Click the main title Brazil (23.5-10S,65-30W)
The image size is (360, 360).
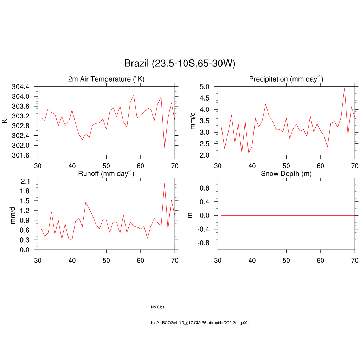pyautogui.click(x=180, y=64)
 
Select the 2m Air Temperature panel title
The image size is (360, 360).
pyautogui.click(x=106, y=79)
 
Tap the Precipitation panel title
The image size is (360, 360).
pyautogui.click(x=286, y=79)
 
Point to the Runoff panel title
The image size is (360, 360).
pyautogui.click(x=106, y=173)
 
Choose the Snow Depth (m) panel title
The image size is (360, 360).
pyautogui.click(x=286, y=173)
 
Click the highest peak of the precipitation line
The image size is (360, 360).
pyautogui.click(x=345, y=88)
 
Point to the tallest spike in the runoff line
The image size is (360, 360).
pyautogui.click(x=165, y=183)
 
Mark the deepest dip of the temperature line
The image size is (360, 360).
pyautogui.click(x=165, y=147)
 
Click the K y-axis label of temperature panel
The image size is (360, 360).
pyautogui.click(x=5, y=121)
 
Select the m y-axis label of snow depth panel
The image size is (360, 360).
pyautogui.click(x=190, y=215)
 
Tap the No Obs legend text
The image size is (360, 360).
pyautogui.click(x=157, y=307)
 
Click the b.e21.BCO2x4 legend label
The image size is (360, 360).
pyautogui.click(x=200, y=323)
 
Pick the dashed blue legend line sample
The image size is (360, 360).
pyautogui.click(x=128, y=307)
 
